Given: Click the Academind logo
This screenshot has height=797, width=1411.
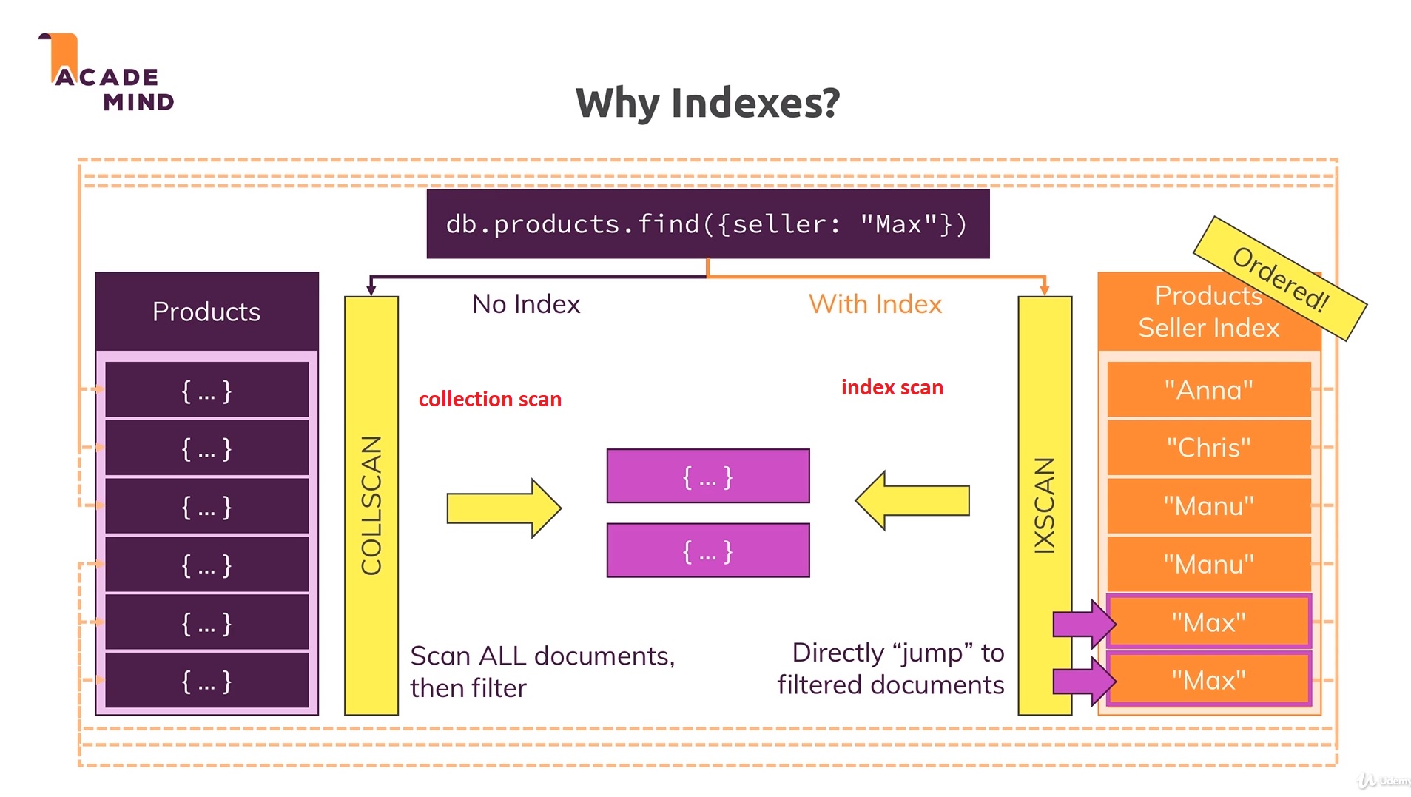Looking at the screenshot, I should (107, 74).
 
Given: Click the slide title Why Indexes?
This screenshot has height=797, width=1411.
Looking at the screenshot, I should (707, 102).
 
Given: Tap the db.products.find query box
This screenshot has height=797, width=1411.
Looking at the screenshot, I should (707, 223).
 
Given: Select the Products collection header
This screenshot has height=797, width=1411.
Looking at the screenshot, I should (206, 312).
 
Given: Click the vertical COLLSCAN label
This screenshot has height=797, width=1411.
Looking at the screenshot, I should (371, 505).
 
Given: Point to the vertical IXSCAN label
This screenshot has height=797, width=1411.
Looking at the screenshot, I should (1044, 505).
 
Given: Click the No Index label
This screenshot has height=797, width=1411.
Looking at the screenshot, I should (526, 304).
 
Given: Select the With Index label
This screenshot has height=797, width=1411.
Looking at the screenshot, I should (875, 304).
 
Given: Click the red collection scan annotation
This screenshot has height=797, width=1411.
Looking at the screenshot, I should (490, 399).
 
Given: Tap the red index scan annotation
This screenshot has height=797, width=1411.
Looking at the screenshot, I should (892, 387).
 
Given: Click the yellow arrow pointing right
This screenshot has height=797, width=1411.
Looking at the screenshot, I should (504, 508).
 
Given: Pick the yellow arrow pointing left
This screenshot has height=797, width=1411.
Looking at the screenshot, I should (912, 501).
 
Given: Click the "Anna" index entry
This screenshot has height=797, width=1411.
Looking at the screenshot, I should (1208, 389).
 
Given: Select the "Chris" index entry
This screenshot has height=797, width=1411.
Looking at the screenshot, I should (1208, 448).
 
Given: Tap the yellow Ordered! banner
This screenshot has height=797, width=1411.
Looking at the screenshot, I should (1280, 278).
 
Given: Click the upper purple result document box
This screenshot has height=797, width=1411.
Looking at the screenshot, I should (707, 476).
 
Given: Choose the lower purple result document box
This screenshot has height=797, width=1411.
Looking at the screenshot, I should (707, 551).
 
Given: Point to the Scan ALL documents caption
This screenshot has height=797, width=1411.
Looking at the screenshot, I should (542, 671).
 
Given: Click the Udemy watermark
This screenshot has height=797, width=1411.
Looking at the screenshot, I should (1384, 780).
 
